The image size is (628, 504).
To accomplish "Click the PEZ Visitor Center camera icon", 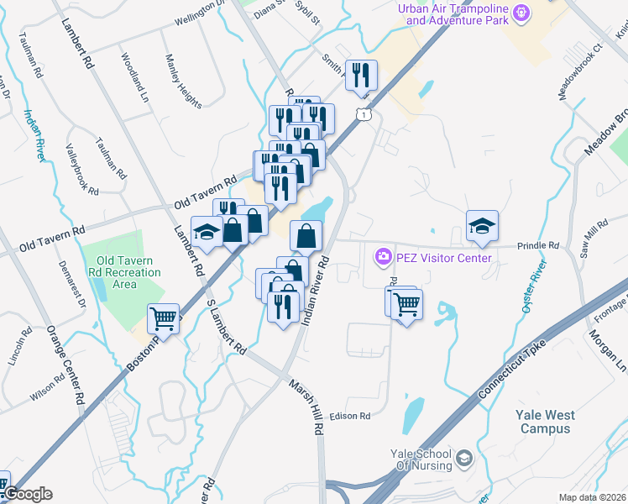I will [x=384, y=255].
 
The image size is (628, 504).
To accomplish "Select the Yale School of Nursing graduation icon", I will [x=464, y=459].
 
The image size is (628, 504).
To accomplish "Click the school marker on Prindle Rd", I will [x=482, y=225].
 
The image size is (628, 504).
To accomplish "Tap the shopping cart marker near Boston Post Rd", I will [x=163, y=318].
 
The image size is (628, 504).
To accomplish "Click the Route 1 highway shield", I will [x=362, y=113].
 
